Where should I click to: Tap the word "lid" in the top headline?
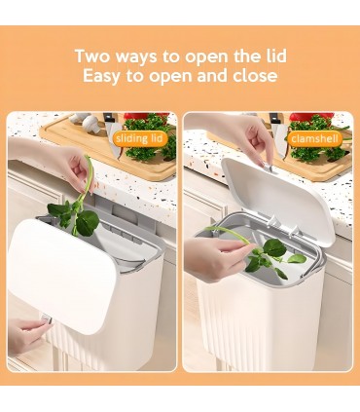(x=276, y=56)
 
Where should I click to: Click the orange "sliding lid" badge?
(x=139, y=139)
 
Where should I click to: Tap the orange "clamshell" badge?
(x=315, y=139)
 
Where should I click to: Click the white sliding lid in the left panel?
(x=61, y=276)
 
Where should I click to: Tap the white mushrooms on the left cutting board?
(x=85, y=122)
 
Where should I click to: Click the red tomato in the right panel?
(x=311, y=117)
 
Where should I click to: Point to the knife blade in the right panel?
(x=280, y=139)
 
